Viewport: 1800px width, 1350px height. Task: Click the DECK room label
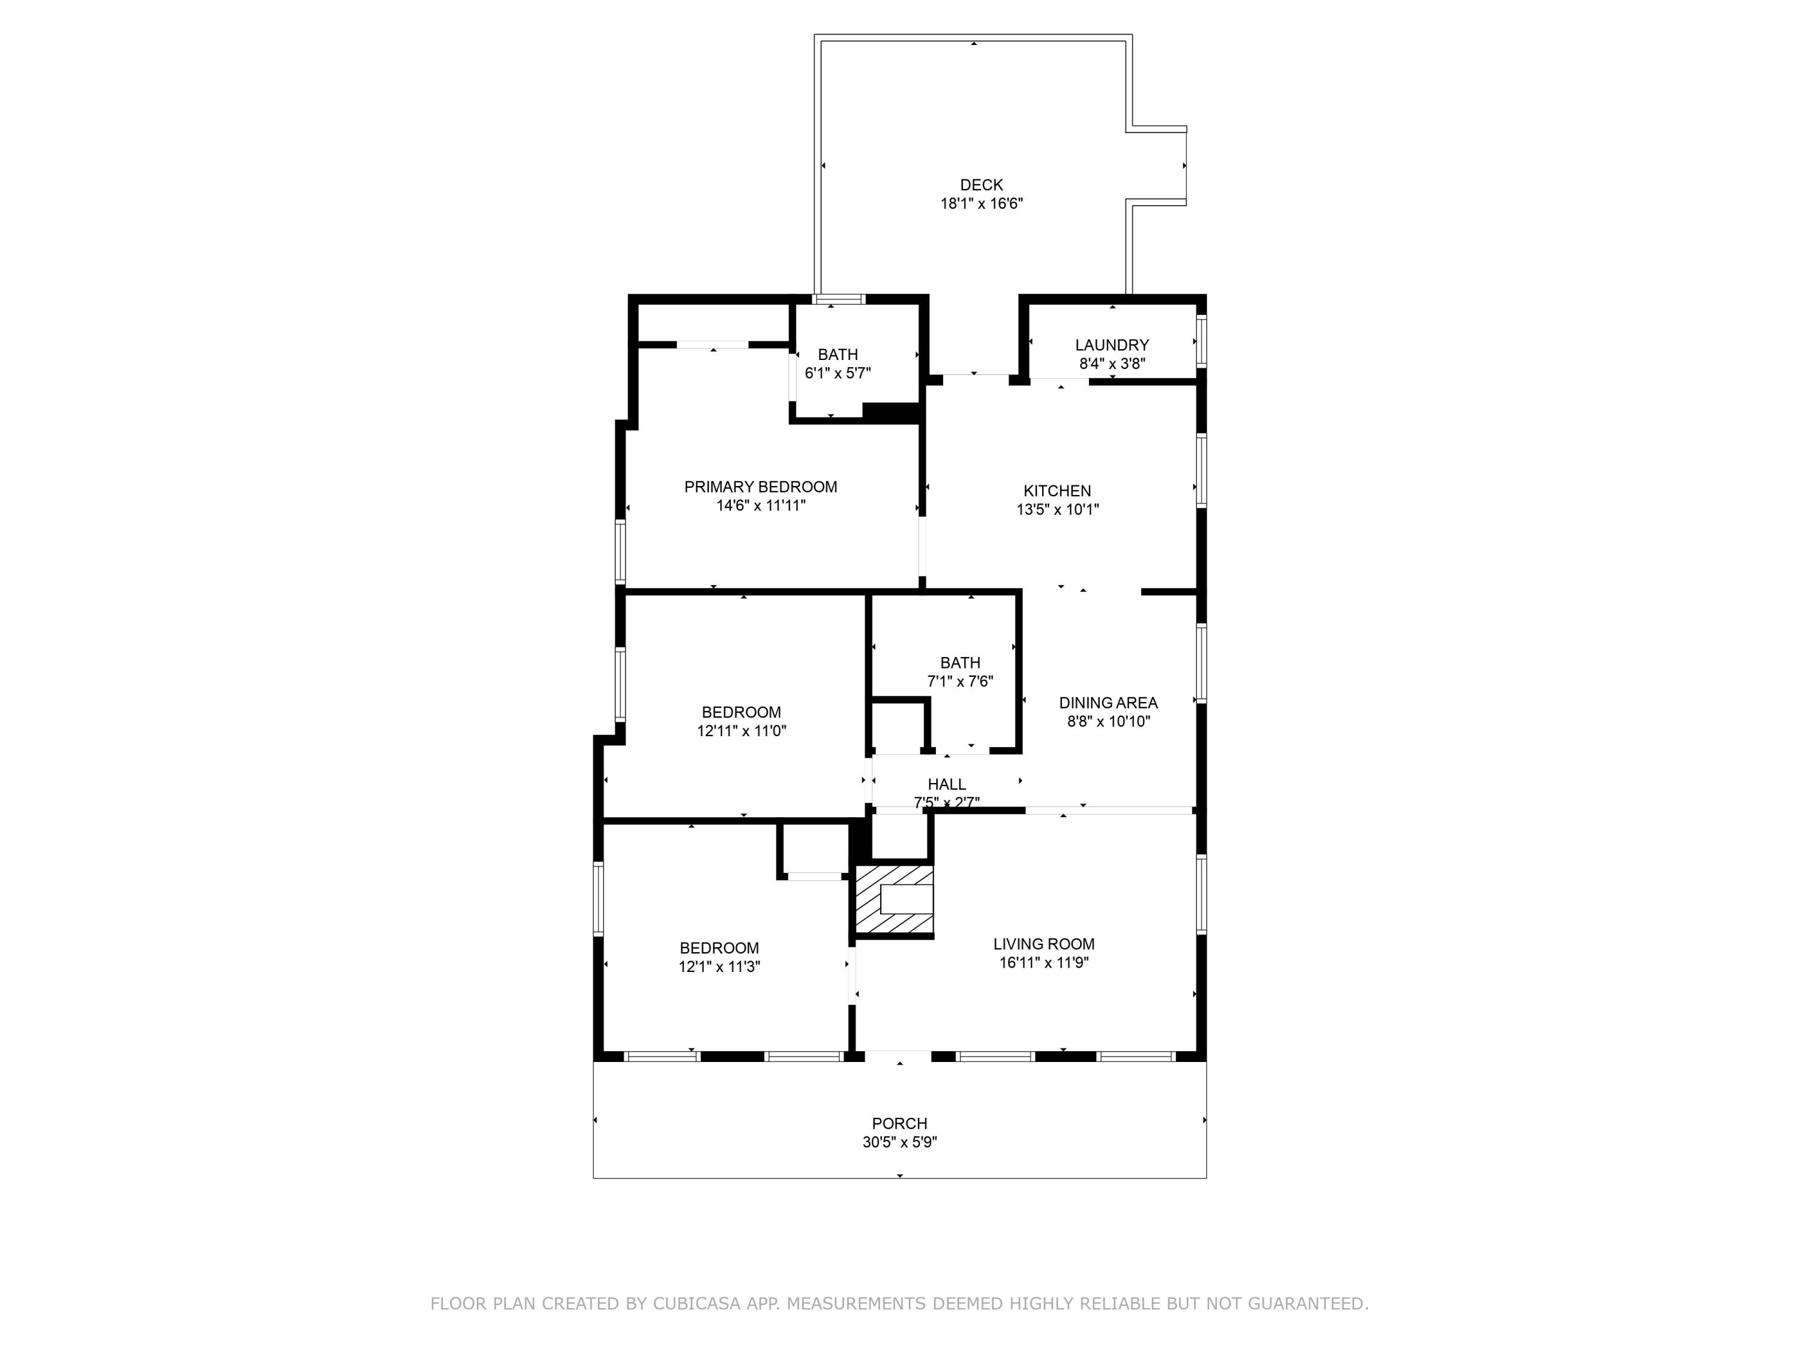pyautogui.click(x=982, y=185)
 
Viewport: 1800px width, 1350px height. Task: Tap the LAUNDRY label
pyautogui.click(x=1112, y=345)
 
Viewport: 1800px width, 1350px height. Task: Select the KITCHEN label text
pyautogui.click(x=1057, y=491)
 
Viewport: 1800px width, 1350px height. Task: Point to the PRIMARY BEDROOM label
pyautogui.click(x=760, y=487)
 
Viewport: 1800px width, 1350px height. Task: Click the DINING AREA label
pyautogui.click(x=1108, y=702)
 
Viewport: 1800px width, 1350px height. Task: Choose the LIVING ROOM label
pyautogui.click(x=1043, y=944)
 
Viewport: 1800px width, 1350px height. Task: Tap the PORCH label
pyautogui.click(x=899, y=1123)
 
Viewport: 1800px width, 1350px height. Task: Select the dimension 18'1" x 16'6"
pyautogui.click(x=982, y=203)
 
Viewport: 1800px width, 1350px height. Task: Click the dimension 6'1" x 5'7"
pyautogui.click(x=838, y=374)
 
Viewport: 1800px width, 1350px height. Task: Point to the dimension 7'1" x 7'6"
pyautogui.click(x=960, y=681)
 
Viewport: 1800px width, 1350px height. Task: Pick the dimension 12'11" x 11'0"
pyautogui.click(x=742, y=731)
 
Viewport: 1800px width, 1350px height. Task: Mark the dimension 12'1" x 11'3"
pyautogui.click(x=719, y=967)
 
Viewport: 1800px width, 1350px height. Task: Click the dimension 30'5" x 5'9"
pyautogui.click(x=899, y=1142)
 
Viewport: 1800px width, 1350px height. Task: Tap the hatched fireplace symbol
pyautogui.click(x=893, y=899)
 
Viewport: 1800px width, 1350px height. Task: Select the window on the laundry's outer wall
pyautogui.click(x=1201, y=340)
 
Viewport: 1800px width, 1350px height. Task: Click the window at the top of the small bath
pyautogui.click(x=839, y=299)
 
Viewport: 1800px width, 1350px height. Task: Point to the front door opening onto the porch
pyautogui.click(x=898, y=1056)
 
